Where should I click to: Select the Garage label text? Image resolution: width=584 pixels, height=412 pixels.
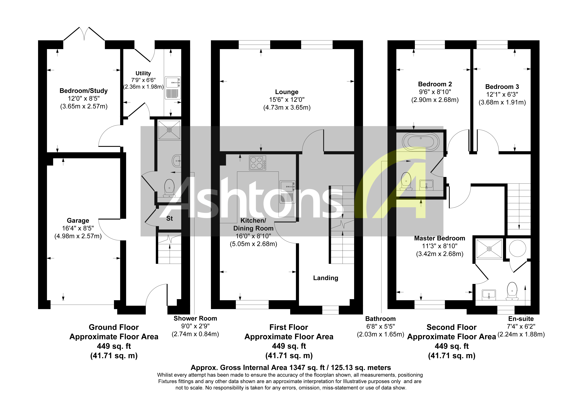[x=78, y=221]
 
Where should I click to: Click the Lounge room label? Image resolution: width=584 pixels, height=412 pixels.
[x=287, y=92]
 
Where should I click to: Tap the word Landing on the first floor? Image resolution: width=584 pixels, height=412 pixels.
[x=326, y=278]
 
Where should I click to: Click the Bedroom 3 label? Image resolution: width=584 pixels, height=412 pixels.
[x=502, y=87]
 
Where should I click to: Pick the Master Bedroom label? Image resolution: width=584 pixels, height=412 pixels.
[x=440, y=238]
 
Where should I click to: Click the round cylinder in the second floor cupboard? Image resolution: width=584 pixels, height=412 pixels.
[x=518, y=248]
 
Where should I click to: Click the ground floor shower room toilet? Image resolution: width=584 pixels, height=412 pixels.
[x=169, y=188]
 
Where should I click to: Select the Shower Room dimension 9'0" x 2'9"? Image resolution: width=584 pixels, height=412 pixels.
[x=195, y=326]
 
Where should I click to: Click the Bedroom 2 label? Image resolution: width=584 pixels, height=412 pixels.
[x=435, y=84]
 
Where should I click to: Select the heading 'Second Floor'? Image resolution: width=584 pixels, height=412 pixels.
[x=451, y=327]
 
